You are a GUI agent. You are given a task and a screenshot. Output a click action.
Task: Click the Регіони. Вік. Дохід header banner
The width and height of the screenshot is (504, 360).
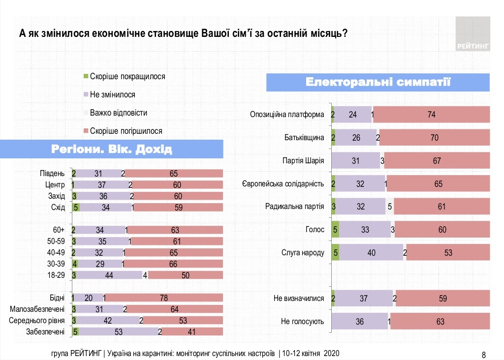(x=112, y=149)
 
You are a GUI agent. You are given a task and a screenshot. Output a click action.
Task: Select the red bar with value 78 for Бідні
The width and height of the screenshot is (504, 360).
(x=164, y=298)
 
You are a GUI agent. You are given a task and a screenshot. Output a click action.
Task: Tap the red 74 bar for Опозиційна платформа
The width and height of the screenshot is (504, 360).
(x=432, y=115)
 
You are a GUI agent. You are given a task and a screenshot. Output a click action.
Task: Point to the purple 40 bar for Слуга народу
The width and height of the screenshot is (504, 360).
(x=371, y=253)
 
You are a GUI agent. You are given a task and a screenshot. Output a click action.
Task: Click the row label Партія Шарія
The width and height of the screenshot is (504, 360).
(x=304, y=160)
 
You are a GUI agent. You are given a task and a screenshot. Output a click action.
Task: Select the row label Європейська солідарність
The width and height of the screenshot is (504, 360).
(x=283, y=183)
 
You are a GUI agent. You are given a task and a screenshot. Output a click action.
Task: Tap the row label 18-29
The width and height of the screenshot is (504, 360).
(x=55, y=275)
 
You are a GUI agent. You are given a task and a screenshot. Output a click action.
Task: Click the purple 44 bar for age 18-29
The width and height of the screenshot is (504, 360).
(x=109, y=275)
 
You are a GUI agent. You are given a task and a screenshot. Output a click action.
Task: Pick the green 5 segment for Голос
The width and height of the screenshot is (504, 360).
(x=336, y=229)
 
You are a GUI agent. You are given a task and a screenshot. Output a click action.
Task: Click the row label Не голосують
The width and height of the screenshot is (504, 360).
(x=302, y=322)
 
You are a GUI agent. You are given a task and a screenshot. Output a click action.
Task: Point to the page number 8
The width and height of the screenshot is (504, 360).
(x=483, y=355)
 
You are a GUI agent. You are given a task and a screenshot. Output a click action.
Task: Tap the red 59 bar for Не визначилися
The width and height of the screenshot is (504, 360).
(x=442, y=299)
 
